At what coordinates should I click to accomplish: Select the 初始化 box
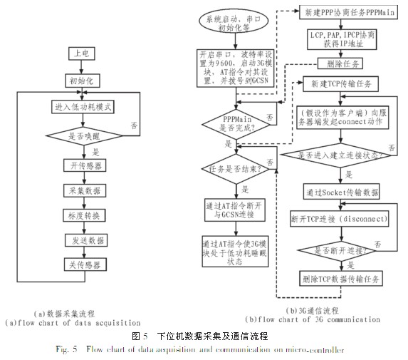coord(85,80)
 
